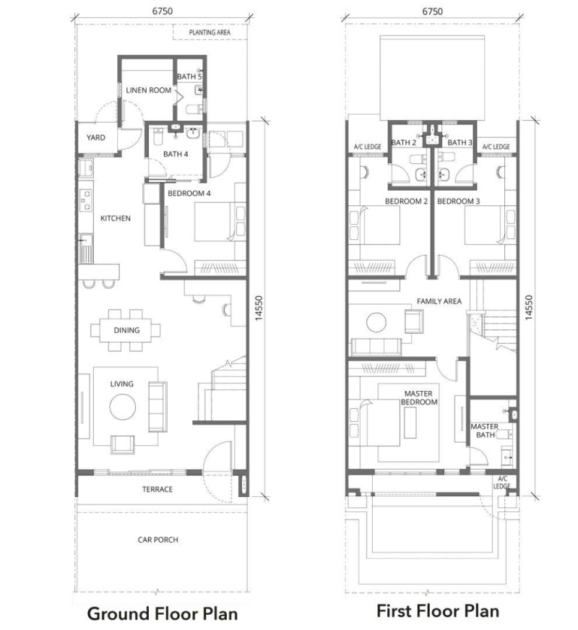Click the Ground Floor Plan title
click(162, 613)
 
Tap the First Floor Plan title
click(438, 610)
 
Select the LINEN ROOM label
click(148, 90)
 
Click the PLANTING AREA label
click(210, 33)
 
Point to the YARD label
click(96, 137)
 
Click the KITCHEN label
click(115, 218)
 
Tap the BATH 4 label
click(176, 154)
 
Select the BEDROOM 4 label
click(190, 194)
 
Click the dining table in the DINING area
click(126, 330)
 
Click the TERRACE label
click(158, 489)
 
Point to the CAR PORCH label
click(158, 540)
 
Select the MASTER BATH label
click(484, 431)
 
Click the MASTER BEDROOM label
click(419, 397)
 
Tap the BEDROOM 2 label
click(407, 201)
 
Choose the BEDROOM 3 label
click(459, 201)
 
